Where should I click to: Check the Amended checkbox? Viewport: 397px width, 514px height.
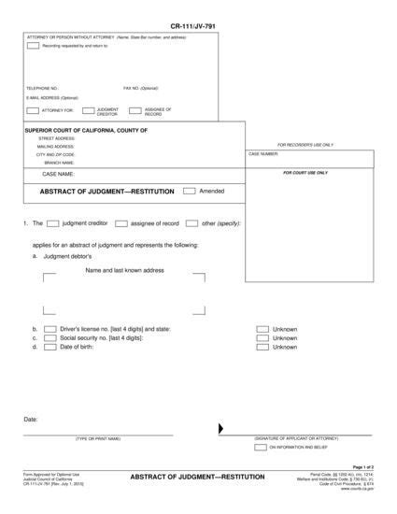pos(189,191)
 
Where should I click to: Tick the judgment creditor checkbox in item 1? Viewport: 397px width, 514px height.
pos(53,223)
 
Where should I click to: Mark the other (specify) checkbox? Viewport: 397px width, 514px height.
pos(191,223)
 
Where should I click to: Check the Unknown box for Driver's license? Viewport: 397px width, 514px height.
pos(262,329)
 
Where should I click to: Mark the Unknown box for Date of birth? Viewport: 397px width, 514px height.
pos(262,347)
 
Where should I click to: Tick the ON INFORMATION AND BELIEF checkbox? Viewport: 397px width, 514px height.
pos(261,448)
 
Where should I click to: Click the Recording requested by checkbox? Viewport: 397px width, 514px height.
pos(34,45)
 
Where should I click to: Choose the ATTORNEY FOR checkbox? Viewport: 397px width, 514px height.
pos(35,110)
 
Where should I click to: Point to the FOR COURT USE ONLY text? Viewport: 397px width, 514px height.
pos(305,172)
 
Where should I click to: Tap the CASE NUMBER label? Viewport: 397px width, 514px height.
pos(263,153)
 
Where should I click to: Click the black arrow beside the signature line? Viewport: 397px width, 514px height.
pos(221,429)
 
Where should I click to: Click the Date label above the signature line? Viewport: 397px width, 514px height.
pos(31,420)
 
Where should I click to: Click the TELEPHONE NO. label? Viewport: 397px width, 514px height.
pos(42,88)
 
